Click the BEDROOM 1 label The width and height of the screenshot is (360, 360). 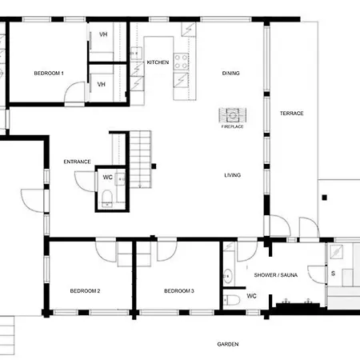tap(49, 73)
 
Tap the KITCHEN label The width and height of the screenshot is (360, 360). tap(158, 62)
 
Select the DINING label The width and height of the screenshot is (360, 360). tap(231, 73)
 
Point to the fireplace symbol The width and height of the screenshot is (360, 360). tap(233, 115)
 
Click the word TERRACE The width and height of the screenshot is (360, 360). tap(292, 114)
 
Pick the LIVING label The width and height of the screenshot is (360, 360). tap(233, 175)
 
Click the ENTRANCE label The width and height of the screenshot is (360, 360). tap(77, 162)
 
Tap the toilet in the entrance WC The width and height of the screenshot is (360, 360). tap(107, 198)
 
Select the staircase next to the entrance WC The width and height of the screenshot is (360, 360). tap(141, 159)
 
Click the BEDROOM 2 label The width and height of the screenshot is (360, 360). tap(85, 291)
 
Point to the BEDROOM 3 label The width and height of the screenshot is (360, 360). tap(179, 291)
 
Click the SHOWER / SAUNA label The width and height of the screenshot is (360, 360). tap(276, 275)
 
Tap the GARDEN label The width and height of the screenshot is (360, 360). tap(228, 344)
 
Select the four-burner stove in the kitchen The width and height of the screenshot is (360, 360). tap(181, 62)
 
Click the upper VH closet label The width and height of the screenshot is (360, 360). tap(103, 34)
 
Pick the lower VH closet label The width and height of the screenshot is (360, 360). tap(102, 84)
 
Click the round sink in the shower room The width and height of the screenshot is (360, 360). tap(227, 276)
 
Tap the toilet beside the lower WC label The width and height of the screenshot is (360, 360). tap(231, 300)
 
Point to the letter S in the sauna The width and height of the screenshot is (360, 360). tap(333, 274)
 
